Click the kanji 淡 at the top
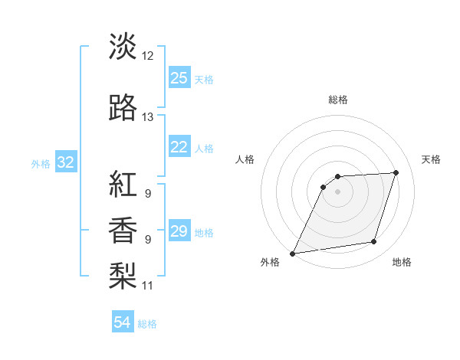click(123, 47)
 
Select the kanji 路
click(123, 108)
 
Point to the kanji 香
click(123, 230)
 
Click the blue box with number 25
click(179, 78)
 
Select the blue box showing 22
click(179, 147)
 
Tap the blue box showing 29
click(179, 231)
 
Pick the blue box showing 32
click(65, 162)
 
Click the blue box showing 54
click(123, 322)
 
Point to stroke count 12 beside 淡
click(148, 56)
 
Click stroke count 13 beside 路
click(148, 117)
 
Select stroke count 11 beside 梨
click(148, 286)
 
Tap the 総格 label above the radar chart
click(338, 100)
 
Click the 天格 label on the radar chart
click(432, 159)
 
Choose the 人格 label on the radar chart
click(245, 159)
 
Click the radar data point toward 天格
click(396, 172)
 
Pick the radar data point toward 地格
click(374, 242)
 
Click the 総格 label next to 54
click(147, 324)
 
